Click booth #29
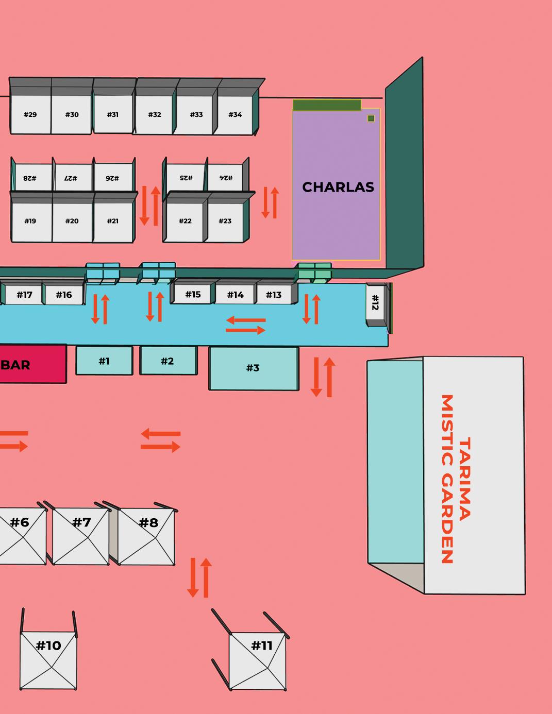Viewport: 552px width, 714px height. click(30, 114)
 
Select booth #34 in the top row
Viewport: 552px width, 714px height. click(235, 114)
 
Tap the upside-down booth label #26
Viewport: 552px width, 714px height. click(112, 178)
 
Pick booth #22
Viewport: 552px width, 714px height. click(185, 221)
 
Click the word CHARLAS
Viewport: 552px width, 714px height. click(338, 187)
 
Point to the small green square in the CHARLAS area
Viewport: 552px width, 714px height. click(371, 118)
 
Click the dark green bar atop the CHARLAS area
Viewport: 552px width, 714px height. click(327, 105)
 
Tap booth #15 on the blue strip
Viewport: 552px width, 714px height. click(193, 294)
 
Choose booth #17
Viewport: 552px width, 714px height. click(24, 295)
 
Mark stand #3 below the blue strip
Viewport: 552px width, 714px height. click(253, 368)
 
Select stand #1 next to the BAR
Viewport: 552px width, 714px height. click(104, 361)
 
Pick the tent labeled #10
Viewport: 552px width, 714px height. click(48, 659)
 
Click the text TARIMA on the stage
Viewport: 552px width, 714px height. click(464, 478)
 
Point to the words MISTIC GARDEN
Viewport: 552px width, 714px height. click(447, 479)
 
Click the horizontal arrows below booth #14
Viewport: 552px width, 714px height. click(246, 325)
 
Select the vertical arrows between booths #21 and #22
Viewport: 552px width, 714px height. click(150, 206)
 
